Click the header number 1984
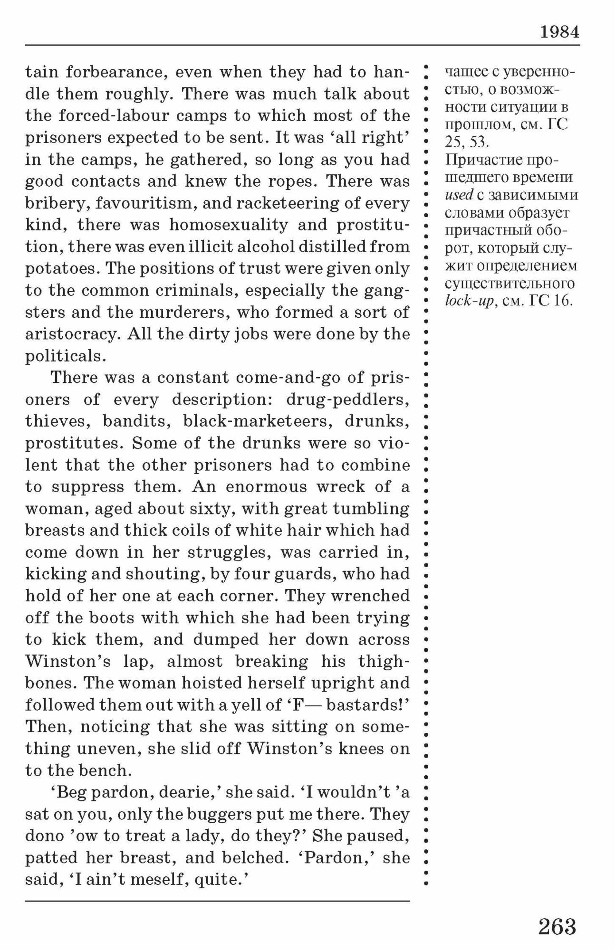(559, 32)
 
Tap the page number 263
(557, 926)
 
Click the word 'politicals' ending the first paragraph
(63, 356)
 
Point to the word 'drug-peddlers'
(347, 399)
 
